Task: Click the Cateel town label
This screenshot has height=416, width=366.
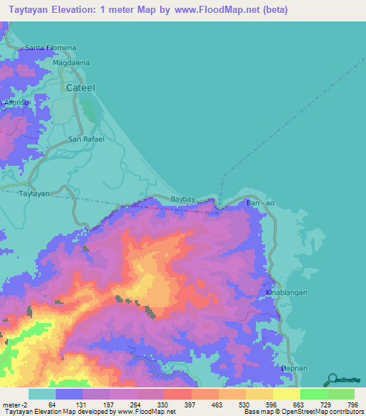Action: [81, 87]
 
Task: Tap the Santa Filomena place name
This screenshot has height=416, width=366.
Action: [50, 48]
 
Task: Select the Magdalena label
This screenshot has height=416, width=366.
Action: [71, 63]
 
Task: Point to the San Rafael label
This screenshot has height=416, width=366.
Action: [86, 139]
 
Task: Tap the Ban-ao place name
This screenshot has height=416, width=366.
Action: [260, 204]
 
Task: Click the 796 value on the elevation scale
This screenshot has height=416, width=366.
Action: [350, 404]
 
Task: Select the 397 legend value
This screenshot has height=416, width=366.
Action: [190, 404]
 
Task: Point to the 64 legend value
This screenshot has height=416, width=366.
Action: [51, 404]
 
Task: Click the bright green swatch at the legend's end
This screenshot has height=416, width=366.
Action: [341, 394]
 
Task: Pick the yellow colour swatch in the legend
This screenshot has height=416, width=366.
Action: [286, 394]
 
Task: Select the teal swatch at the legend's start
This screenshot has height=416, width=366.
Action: [41, 394]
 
